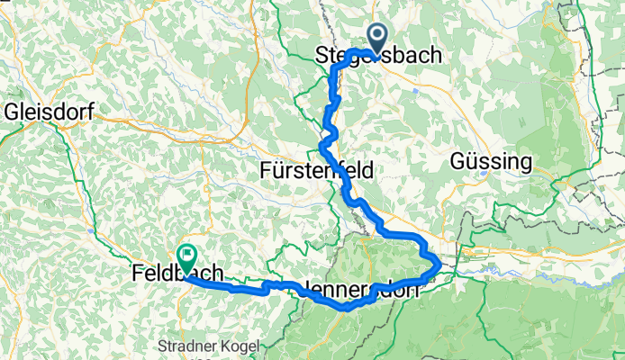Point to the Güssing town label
490,162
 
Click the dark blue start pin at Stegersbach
374,36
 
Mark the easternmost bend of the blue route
439,264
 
